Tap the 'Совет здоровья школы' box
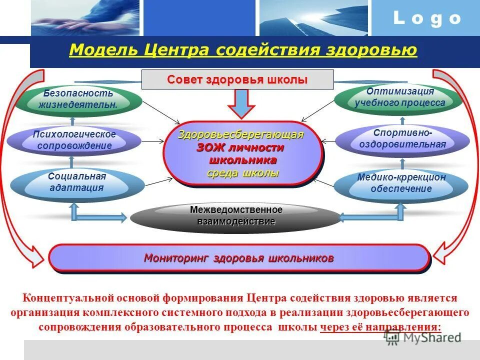tap(237, 80)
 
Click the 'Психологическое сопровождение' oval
tap(74, 140)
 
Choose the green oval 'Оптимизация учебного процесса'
tap(399, 97)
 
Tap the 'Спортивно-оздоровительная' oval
tap(402, 139)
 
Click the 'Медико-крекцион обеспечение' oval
tap(401, 183)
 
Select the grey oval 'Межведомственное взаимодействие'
tap(236, 216)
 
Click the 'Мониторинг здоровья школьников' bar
tap(239, 258)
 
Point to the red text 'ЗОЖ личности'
tap(240, 148)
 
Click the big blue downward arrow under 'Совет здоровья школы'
tap(241, 104)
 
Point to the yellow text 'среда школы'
tap(243, 173)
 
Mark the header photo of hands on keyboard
tap(85, 17)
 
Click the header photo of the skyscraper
tap(313, 17)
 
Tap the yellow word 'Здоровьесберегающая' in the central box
tap(241, 134)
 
